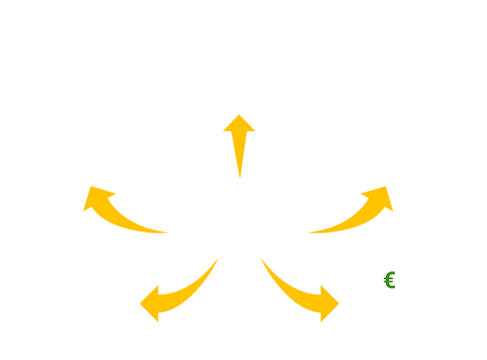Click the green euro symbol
point(389,280)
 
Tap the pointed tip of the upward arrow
point(240,114)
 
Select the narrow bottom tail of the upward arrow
point(240,178)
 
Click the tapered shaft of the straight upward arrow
point(240,153)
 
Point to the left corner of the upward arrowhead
point(223,131)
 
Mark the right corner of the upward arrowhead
point(255,131)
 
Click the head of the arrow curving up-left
point(97,197)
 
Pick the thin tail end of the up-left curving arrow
point(168,232)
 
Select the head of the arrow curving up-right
point(380,197)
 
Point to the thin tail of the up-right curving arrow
point(309,232)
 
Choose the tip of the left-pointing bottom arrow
point(140,303)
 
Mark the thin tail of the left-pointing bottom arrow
point(218,259)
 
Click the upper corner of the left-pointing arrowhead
point(158,286)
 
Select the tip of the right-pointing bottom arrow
point(339,303)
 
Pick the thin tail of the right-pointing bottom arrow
point(261,259)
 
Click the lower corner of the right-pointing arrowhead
point(321,322)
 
